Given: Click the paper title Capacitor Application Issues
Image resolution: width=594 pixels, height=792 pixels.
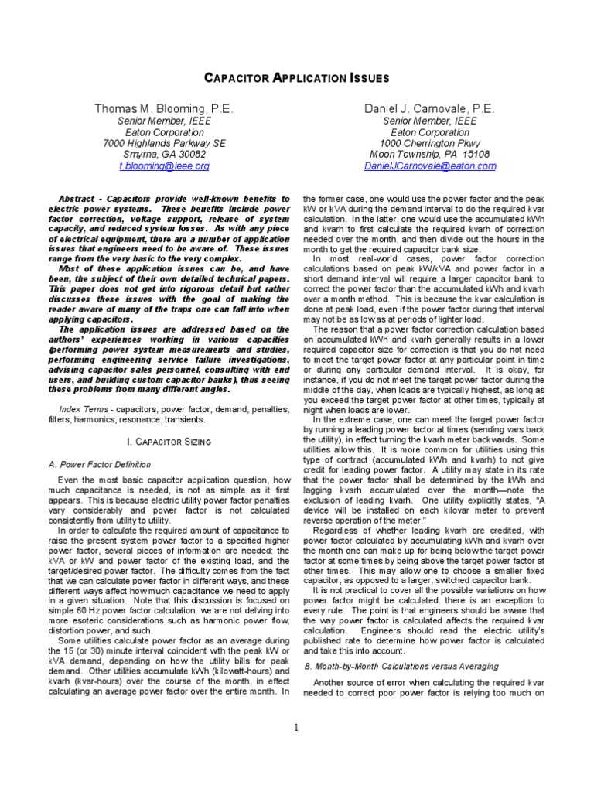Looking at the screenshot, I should [x=296, y=78].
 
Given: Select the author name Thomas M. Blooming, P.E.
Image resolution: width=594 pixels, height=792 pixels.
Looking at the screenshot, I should [x=163, y=109].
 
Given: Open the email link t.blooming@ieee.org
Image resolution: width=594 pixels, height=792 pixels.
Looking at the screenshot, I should [x=163, y=166].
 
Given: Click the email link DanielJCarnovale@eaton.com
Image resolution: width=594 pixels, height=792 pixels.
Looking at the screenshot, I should [x=432, y=166].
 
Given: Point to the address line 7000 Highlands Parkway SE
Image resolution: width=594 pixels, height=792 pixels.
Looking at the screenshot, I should [x=164, y=143].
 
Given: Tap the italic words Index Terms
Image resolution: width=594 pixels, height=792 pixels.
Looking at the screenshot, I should [x=83, y=408].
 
